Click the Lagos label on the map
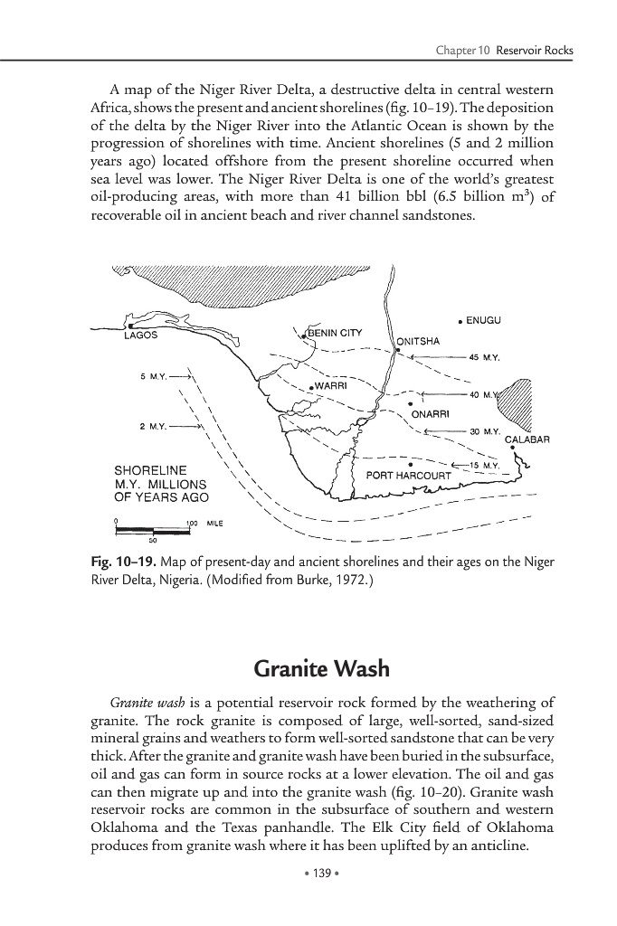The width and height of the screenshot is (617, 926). tap(140, 335)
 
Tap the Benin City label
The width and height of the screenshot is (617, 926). tap(335, 333)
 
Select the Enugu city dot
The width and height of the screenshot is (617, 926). tap(460, 321)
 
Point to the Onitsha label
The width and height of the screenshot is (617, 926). tap(418, 342)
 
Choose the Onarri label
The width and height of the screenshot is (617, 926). tap(430, 415)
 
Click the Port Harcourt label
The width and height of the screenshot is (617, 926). tap(408, 476)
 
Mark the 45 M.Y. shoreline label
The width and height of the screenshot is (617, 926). tap(487, 357)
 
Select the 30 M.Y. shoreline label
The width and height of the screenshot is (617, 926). tap(486, 431)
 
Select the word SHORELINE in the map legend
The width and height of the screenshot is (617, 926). tap(150, 470)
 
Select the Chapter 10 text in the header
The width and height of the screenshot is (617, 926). tap(461, 50)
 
